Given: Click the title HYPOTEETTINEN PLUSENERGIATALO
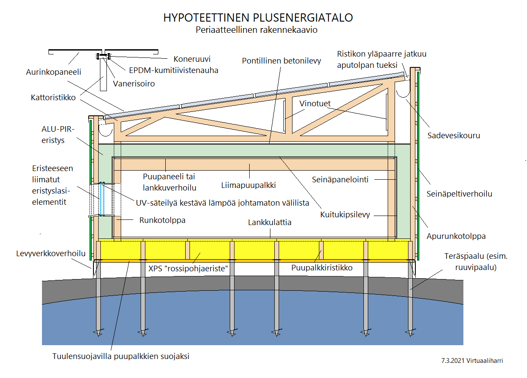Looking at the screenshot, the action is coord(258,18).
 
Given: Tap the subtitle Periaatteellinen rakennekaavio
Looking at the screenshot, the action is coord(257,30).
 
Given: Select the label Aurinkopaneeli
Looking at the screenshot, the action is coord(53,72).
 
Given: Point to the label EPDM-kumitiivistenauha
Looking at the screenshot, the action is coord(174,70).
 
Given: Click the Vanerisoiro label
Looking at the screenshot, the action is coord(134,84).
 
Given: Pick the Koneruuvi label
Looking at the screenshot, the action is coord(192,59).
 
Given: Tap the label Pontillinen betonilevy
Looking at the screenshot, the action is coord(281,61).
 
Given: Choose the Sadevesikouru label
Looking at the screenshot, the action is coord(453,136).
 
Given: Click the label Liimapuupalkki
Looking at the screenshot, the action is coord(248,185).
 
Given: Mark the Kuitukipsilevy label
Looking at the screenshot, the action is coord(345,215).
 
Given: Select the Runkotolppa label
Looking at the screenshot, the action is coord(162,220).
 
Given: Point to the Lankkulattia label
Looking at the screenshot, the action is coord(270,222).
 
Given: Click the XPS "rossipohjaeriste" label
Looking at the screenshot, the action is coord(188,268).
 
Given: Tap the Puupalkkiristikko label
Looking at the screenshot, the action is coord(322,268).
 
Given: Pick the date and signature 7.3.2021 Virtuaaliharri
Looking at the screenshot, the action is coord(472,361).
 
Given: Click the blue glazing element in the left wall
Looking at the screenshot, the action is coord(102,199).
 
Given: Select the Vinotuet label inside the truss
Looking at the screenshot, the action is coord(315,103).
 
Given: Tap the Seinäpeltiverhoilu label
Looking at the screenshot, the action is coord(459,194).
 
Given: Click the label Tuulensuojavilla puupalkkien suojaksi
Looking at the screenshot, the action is coord(121,356).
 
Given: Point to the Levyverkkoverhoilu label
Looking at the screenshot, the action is coord(51,254).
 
